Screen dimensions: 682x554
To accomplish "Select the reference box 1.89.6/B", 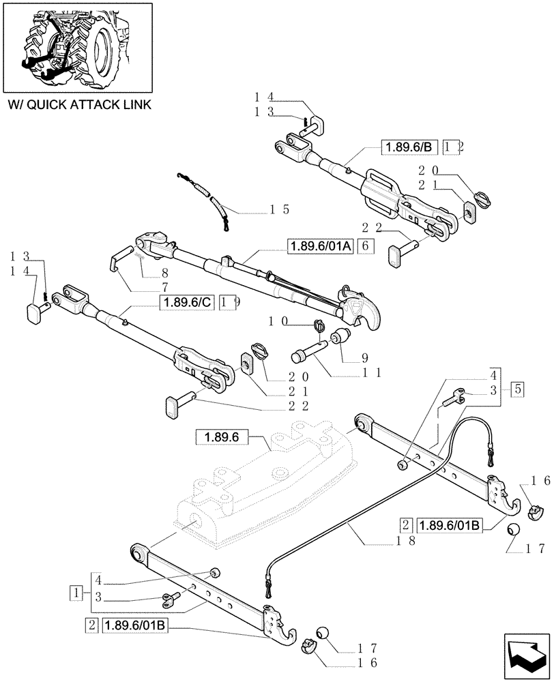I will (408, 146).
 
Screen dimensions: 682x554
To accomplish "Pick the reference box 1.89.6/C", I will (187, 303).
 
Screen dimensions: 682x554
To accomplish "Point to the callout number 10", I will (278, 321).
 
